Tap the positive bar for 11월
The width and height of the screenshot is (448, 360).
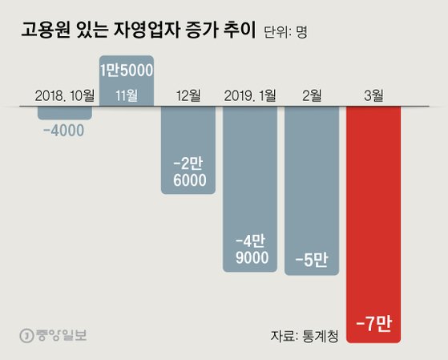coord(127,80)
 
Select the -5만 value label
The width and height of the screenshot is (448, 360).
coord(312,259)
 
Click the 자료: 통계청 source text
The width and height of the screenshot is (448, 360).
coord(304,335)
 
